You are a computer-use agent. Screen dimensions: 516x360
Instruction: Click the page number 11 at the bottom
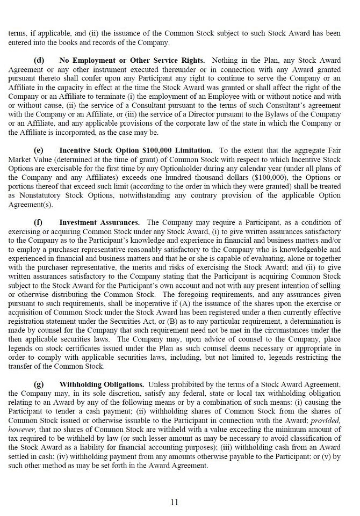tap(174, 502)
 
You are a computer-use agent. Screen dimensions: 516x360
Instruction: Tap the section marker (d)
tap(39, 61)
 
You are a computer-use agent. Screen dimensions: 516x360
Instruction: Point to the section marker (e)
tap(39, 150)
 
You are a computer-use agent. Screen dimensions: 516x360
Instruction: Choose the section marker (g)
tap(39, 384)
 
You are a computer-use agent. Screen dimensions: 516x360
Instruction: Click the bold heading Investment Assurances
tap(99, 222)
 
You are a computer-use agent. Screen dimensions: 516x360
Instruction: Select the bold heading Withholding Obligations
tap(102, 384)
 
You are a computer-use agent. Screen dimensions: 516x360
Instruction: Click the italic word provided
tap(326, 420)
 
